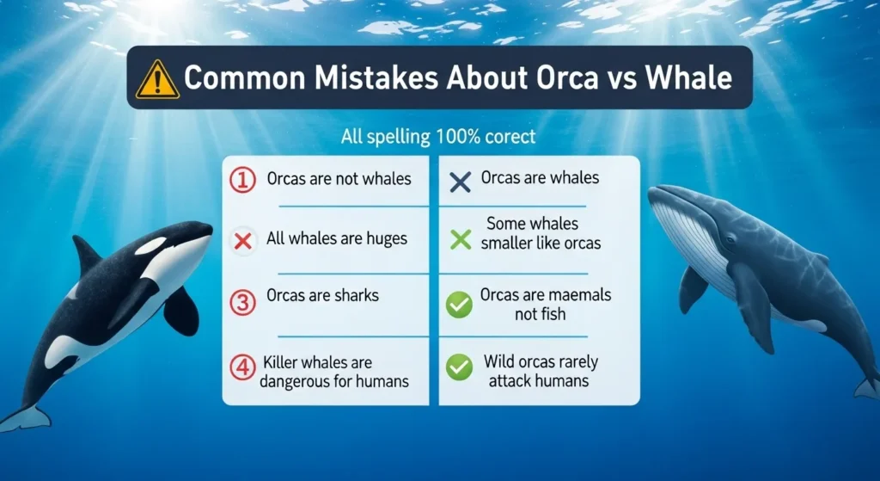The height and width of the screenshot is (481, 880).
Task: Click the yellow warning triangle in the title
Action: coord(158,78)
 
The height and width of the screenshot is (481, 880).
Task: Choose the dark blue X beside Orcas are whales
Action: coord(461,181)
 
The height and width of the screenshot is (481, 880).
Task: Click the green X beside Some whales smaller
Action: coord(461,239)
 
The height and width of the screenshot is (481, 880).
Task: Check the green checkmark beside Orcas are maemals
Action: coord(460,304)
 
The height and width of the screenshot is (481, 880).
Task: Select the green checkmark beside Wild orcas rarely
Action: coord(460,368)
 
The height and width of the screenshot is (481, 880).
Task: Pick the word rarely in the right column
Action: coord(574,361)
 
